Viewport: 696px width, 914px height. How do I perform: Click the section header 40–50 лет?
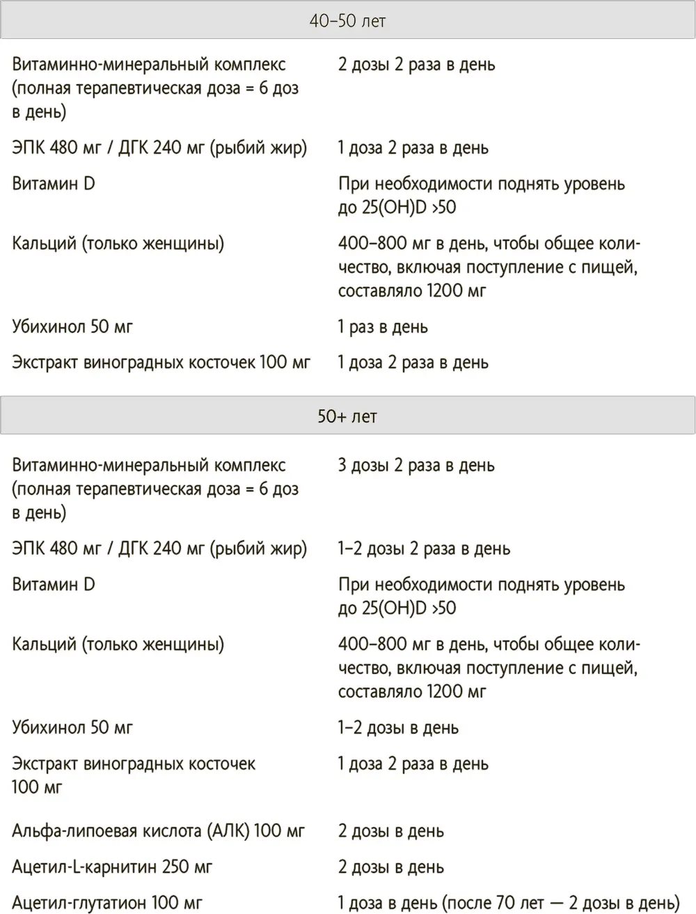pyautogui.click(x=347, y=21)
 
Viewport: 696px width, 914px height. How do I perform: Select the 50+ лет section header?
pyautogui.click(x=347, y=416)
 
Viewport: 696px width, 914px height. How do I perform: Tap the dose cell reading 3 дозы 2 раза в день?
pyautogui.click(x=416, y=465)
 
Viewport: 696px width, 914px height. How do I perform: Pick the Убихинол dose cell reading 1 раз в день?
pyautogui.click(x=383, y=326)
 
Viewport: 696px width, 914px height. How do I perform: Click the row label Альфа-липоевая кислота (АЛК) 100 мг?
pyautogui.click(x=159, y=830)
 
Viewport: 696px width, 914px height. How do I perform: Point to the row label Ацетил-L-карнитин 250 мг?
pyautogui.click(x=112, y=867)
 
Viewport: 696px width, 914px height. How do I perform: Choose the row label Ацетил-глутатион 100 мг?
pyautogui.click(x=107, y=903)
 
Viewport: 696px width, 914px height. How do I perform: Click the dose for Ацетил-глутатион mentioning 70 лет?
pyautogui.click(x=509, y=903)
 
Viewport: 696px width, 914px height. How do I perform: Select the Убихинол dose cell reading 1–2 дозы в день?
pyautogui.click(x=398, y=727)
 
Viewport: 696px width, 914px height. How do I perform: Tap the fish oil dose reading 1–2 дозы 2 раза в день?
pyautogui.click(x=424, y=549)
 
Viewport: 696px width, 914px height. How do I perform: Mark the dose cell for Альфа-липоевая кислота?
pyautogui.click(x=391, y=830)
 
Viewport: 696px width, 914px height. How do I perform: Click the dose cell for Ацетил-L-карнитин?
pyautogui.click(x=391, y=867)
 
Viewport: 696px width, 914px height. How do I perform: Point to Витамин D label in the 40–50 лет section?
pyautogui.click(x=54, y=184)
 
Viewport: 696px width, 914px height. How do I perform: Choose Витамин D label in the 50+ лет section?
pyautogui.click(x=54, y=585)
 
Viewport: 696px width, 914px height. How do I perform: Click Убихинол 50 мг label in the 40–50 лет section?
pyautogui.click(x=72, y=326)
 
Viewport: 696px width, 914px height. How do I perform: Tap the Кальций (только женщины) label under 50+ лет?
pyautogui.click(x=118, y=644)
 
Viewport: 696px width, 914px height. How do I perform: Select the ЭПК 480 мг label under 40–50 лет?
pyautogui.click(x=159, y=148)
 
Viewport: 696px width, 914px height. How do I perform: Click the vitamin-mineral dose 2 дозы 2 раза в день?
pyautogui.click(x=417, y=64)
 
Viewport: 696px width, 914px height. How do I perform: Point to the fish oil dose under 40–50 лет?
pyautogui.click(x=413, y=148)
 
